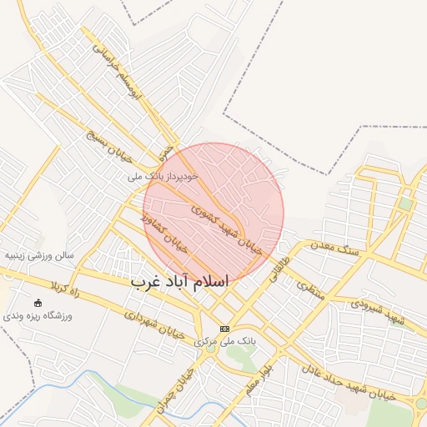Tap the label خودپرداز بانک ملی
(163, 177)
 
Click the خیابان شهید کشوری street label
(226, 226)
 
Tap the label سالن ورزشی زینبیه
(39, 255)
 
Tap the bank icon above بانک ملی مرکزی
(224, 329)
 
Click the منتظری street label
(308, 289)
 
